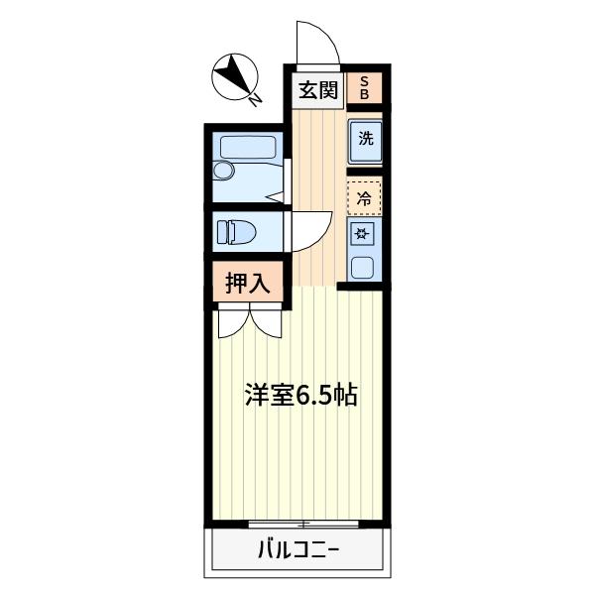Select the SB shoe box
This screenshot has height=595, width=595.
tap(364, 88)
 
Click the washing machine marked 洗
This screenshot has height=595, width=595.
tap(365, 140)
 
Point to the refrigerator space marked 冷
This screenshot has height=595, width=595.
tap(364, 197)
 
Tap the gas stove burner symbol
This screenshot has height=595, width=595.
tap(363, 235)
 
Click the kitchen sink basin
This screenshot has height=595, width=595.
tap(363, 266)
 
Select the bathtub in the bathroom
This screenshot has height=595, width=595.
tap(249, 148)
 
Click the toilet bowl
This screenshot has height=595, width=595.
tap(242, 232)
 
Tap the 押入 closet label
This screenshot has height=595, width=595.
tap(248, 283)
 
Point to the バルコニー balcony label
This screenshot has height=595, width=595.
tap(298, 548)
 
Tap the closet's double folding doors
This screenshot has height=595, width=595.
tap(250, 321)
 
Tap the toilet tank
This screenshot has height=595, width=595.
tap(221, 232)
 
